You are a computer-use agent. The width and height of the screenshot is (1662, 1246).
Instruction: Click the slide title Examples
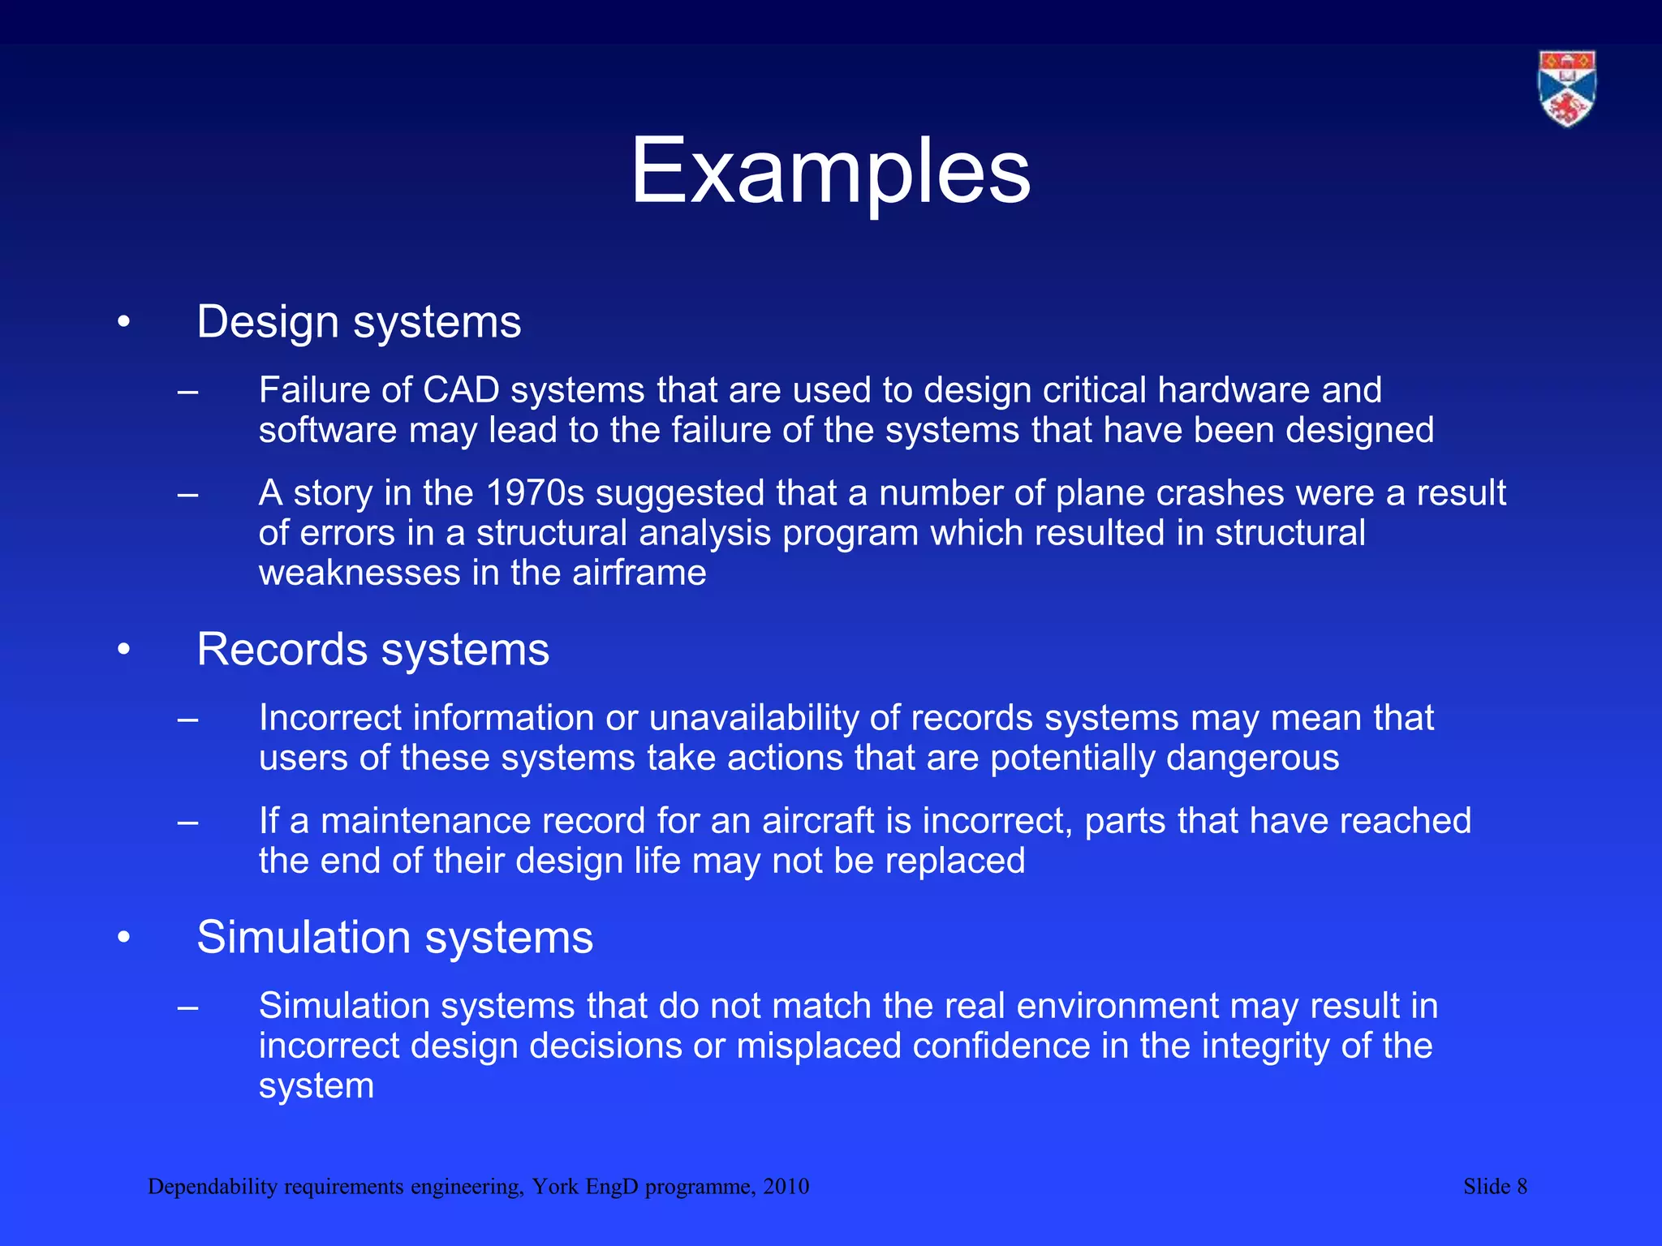(x=830, y=172)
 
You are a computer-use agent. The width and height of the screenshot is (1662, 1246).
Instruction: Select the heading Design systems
(x=359, y=322)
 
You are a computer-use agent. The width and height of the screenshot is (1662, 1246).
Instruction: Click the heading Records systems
(x=372, y=650)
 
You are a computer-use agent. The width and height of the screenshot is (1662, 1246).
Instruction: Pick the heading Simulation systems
(x=394, y=938)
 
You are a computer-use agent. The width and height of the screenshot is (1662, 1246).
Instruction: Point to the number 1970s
(x=535, y=493)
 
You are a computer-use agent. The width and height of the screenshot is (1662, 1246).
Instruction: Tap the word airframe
(x=639, y=574)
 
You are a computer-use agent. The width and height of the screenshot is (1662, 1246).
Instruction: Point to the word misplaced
(x=818, y=1046)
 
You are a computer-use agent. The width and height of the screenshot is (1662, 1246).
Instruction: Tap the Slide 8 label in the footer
(x=1495, y=1187)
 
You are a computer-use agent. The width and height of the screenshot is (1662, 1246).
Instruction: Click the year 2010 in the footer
(x=786, y=1187)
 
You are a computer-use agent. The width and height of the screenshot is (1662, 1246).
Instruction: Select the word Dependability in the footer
(x=213, y=1188)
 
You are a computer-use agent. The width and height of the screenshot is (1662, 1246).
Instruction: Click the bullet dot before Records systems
(x=123, y=650)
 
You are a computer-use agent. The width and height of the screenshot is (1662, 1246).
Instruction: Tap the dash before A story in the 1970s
(x=187, y=493)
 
